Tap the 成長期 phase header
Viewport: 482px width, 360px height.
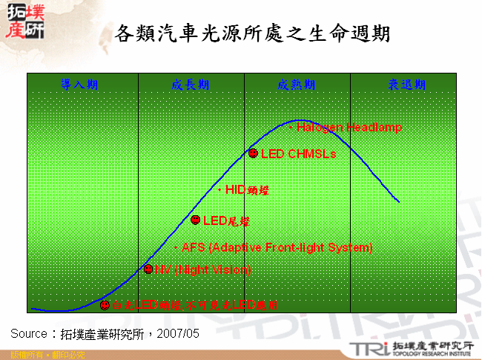point(191,85)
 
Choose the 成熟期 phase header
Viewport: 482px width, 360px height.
point(297,85)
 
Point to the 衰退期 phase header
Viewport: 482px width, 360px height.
point(407,85)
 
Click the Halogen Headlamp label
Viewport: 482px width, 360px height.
point(349,128)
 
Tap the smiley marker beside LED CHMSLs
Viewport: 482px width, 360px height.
point(253,154)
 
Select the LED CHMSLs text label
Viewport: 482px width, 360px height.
point(298,154)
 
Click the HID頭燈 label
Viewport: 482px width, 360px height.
point(245,190)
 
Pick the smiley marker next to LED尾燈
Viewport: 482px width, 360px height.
point(195,220)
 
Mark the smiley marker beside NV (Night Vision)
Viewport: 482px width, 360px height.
point(148,269)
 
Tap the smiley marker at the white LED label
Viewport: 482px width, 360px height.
point(105,305)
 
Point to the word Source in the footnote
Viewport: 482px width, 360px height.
point(30,333)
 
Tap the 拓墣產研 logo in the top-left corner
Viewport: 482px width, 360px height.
point(24,22)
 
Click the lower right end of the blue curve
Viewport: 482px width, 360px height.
point(399,201)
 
